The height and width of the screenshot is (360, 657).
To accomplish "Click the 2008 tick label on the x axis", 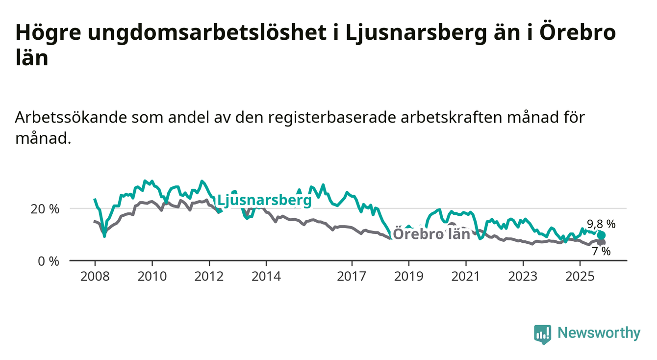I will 95,277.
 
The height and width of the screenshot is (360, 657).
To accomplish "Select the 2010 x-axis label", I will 152,277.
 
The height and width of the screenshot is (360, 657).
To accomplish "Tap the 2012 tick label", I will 209,277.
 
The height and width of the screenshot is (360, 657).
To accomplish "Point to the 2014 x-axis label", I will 266,277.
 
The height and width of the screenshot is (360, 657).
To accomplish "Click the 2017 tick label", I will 352,277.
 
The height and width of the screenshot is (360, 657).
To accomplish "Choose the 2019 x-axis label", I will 409,277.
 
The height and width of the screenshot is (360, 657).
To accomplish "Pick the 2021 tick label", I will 466,277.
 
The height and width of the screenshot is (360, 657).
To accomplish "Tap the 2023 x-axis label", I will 523,277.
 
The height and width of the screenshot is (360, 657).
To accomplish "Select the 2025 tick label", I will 580,277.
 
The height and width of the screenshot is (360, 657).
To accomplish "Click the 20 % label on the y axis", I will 45,209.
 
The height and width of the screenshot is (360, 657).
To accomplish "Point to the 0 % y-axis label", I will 48,261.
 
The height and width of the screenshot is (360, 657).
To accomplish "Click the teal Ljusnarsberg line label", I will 264,200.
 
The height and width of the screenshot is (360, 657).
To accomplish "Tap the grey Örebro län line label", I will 432,234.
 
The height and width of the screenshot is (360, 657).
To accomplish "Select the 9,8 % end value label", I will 601,224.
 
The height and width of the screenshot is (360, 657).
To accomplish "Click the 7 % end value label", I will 601,252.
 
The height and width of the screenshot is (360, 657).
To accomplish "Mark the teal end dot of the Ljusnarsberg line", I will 602,235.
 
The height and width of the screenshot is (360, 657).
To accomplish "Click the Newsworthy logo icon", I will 542,334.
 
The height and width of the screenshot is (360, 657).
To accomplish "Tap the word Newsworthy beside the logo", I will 599,333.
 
